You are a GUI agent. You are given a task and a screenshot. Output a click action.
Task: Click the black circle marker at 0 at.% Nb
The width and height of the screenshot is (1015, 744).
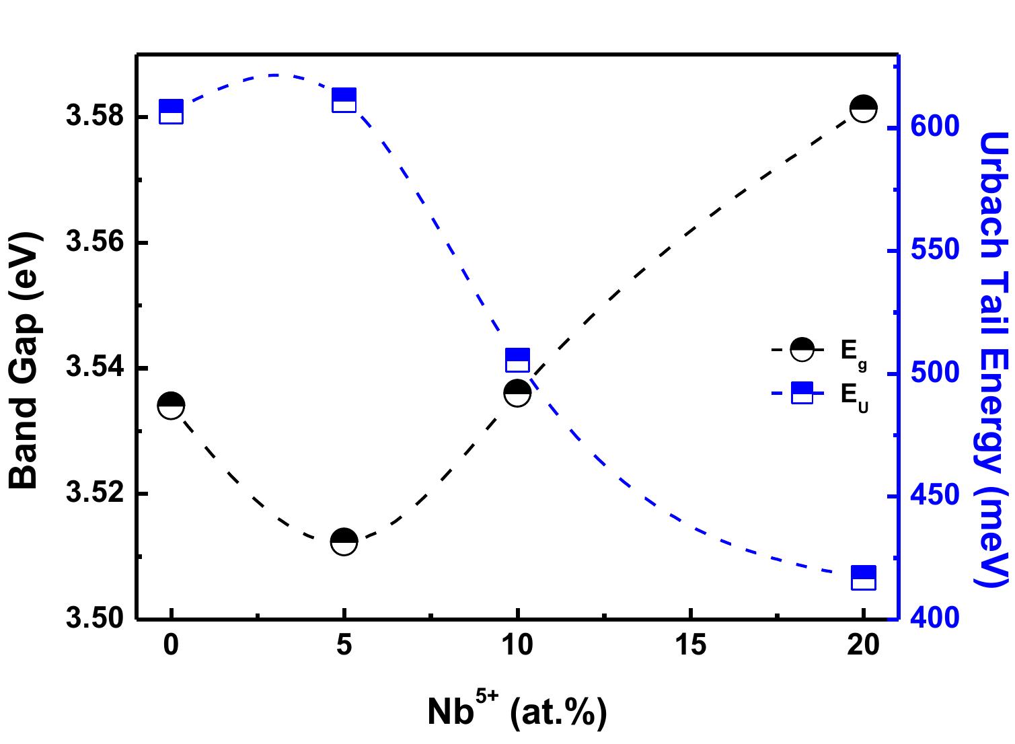(171, 406)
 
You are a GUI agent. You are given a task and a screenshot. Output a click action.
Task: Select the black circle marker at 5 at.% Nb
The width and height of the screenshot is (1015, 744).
(344, 542)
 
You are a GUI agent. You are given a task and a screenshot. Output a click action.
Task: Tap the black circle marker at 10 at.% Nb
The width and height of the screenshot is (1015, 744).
(517, 392)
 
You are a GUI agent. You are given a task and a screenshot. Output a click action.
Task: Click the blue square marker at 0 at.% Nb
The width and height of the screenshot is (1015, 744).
(171, 112)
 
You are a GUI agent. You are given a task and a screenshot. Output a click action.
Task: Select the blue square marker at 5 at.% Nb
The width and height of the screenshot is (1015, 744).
(344, 100)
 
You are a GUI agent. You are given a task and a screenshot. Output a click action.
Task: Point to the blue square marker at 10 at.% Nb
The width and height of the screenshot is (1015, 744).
(517, 361)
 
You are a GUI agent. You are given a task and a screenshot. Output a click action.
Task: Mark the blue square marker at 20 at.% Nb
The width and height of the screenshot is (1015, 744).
(863, 578)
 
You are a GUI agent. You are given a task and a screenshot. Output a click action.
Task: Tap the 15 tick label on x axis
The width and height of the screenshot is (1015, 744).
(690, 646)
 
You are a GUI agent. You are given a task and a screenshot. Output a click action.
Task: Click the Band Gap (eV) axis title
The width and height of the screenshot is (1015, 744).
(26, 361)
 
